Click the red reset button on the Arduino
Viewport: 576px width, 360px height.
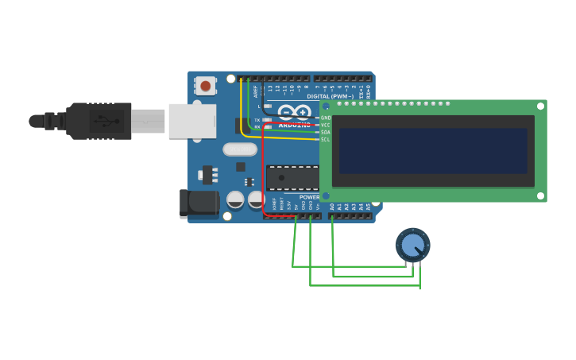206,85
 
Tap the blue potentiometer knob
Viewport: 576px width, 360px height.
412,245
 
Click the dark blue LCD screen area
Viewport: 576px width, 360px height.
433,151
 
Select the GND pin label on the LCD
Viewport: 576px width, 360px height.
326,118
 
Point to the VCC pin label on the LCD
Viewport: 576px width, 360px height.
326,125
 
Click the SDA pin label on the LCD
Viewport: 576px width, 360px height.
326,132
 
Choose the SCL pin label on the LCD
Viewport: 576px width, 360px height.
326,139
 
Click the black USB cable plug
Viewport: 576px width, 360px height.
99,121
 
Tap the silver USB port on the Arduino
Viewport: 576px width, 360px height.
191,121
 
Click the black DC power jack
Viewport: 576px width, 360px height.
198,203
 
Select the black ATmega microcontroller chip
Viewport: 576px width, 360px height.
292,177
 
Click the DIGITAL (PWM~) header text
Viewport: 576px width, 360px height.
331,96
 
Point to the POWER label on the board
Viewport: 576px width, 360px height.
309,197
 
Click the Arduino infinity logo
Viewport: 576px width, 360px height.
294,112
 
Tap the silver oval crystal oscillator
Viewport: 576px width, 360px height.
240,149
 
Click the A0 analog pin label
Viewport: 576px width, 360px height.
332,207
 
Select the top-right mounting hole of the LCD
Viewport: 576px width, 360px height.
540,106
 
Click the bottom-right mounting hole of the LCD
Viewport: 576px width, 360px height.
540,195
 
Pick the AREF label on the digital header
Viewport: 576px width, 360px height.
256,91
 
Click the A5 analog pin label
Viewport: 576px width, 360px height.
368,207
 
